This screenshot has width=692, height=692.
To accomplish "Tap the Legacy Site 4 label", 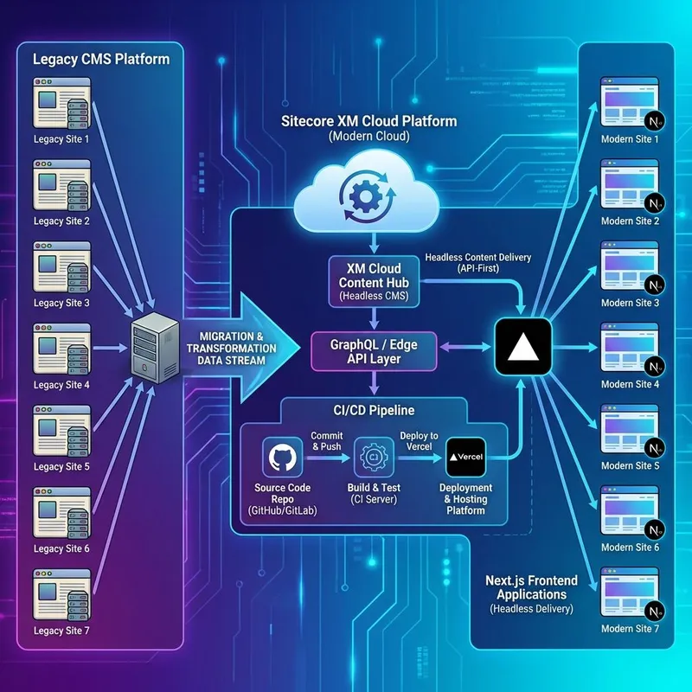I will pyautogui.click(x=61, y=385).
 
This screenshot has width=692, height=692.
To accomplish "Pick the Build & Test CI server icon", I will pyautogui.click(x=375, y=456).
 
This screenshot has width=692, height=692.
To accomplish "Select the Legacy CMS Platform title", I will pyautogui.click(x=100, y=60).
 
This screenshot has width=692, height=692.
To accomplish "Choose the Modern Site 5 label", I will pyautogui.click(x=630, y=467).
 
